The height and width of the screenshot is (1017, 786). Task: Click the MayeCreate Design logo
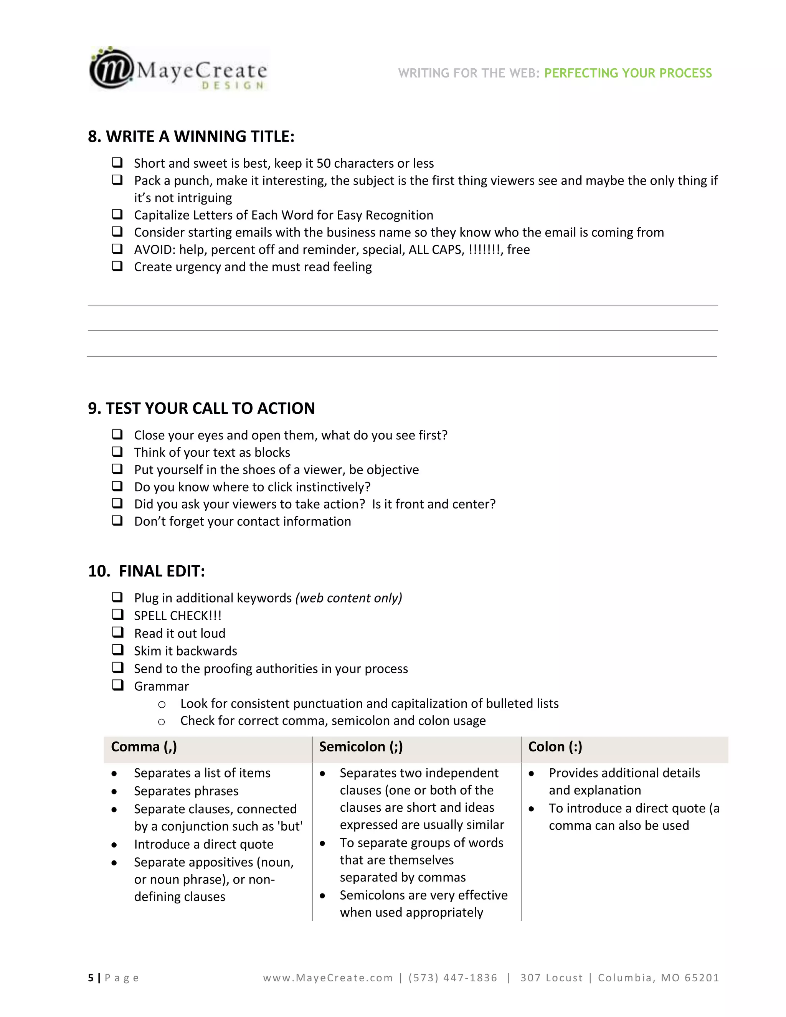pos(179,69)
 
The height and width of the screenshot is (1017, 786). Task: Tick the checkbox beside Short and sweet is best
pos(117,162)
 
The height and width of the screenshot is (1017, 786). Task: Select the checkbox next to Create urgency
pos(117,266)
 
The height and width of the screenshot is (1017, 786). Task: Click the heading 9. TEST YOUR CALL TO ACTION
pos(201,408)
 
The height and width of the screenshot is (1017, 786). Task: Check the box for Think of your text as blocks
pos(117,452)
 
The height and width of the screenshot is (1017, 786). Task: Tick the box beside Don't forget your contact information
pos(117,521)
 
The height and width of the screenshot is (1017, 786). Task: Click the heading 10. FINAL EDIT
pos(146,571)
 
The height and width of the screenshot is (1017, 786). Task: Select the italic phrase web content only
pos(349,598)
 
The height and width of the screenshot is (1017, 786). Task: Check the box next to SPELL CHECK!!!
pos(117,615)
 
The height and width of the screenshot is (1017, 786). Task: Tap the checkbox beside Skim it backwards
pos(117,650)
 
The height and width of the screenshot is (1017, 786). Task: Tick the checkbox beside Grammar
pos(117,685)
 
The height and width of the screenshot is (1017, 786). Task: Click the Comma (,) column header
pos(144,747)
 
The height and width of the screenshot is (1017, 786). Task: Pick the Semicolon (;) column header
pos(361,747)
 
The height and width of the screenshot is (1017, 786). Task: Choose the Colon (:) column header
pos(555,747)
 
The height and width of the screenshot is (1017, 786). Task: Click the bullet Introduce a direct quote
pos(203,844)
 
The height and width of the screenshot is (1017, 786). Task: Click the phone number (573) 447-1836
pos(452,978)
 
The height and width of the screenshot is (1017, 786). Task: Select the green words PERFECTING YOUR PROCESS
pos(627,73)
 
